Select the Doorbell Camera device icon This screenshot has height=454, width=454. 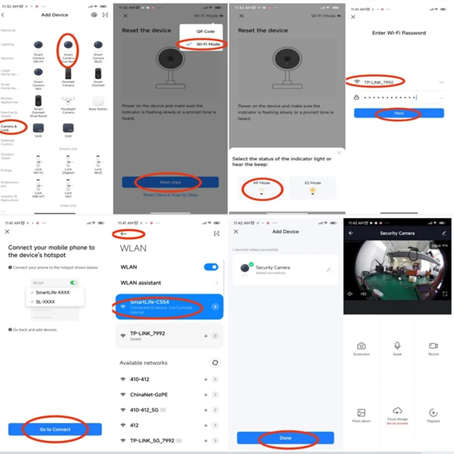point(68,74)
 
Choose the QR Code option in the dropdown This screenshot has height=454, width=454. point(205,32)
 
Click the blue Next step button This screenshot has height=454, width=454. point(170,182)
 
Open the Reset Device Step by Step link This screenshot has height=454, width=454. point(170,195)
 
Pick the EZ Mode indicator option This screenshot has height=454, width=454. point(312,188)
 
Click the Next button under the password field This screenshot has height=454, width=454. point(399,113)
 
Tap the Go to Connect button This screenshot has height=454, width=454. point(54,430)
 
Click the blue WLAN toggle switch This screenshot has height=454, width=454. point(211,267)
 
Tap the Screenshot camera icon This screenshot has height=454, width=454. point(361,347)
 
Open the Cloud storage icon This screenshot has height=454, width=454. point(397,412)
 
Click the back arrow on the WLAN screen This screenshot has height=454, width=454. point(123,233)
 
